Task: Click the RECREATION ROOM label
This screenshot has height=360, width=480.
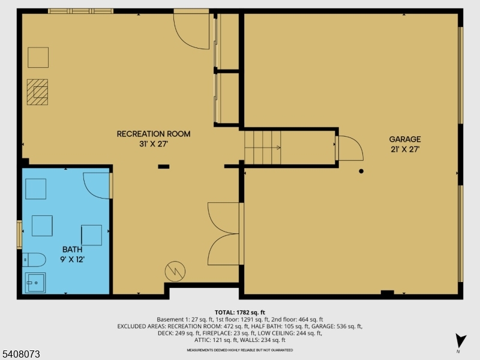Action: pyautogui.click(x=154, y=134)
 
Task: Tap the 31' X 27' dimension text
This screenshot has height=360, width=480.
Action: pyautogui.click(x=154, y=144)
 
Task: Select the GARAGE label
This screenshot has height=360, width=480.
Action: pyautogui.click(x=404, y=139)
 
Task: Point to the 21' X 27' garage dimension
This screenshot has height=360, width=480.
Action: pyautogui.click(x=404, y=149)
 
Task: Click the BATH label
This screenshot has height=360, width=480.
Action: pyautogui.click(x=72, y=249)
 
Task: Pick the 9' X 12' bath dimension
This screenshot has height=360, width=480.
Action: pyautogui.click(x=72, y=259)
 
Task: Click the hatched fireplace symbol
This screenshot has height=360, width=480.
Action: pyautogui.click(x=37, y=92)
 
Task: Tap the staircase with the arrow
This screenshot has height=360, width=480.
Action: pyautogui.click(x=263, y=147)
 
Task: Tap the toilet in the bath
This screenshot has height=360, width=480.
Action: pyautogui.click(x=34, y=260)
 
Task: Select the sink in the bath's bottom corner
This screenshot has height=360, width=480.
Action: pyautogui.click(x=35, y=282)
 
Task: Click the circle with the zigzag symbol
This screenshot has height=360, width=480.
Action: pyautogui.click(x=175, y=271)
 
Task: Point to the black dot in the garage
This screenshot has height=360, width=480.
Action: pyautogui.click(x=361, y=172)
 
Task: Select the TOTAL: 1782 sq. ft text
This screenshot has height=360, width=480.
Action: pyautogui.click(x=239, y=313)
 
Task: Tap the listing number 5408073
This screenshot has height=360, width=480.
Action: pyautogui.click(x=21, y=355)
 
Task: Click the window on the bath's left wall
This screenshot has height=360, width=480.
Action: pyautogui.click(x=19, y=235)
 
